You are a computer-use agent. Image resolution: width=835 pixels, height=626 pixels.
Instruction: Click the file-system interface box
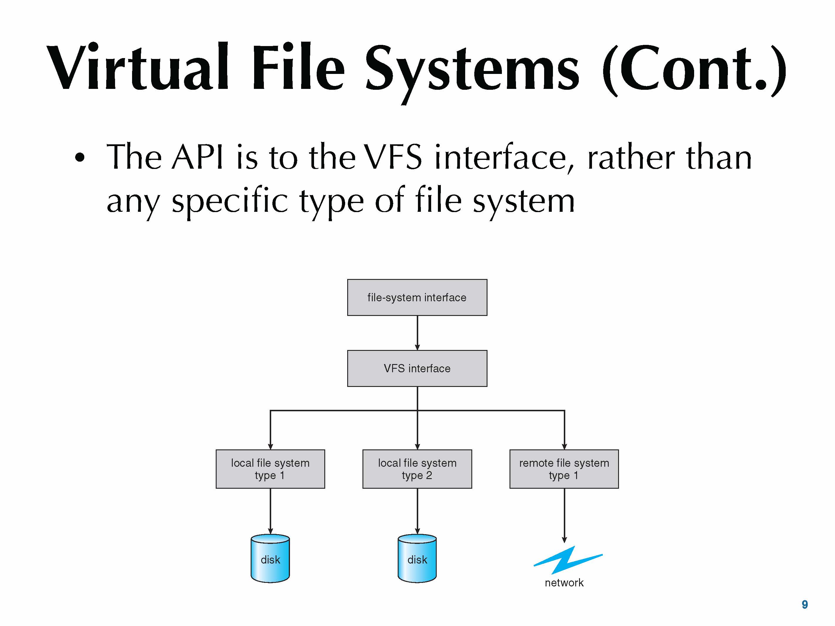click(x=417, y=297)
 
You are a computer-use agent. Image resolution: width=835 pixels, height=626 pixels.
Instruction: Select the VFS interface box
click(x=417, y=368)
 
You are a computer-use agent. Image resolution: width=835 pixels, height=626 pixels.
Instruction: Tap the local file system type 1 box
click(x=270, y=469)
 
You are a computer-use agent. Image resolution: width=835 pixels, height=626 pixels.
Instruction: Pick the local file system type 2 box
click(x=417, y=469)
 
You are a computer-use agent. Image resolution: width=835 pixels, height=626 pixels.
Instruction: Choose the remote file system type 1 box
click(x=564, y=469)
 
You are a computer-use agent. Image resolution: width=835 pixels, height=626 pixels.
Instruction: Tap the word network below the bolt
click(x=564, y=583)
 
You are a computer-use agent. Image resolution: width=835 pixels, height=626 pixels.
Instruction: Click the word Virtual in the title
click(x=138, y=68)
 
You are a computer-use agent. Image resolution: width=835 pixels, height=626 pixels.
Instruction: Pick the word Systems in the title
click(x=472, y=70)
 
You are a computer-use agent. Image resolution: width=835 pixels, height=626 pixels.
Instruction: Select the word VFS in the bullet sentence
click(x=393, y=157)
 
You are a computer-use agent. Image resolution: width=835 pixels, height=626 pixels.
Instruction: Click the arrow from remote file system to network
click(x=564, y=515)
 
